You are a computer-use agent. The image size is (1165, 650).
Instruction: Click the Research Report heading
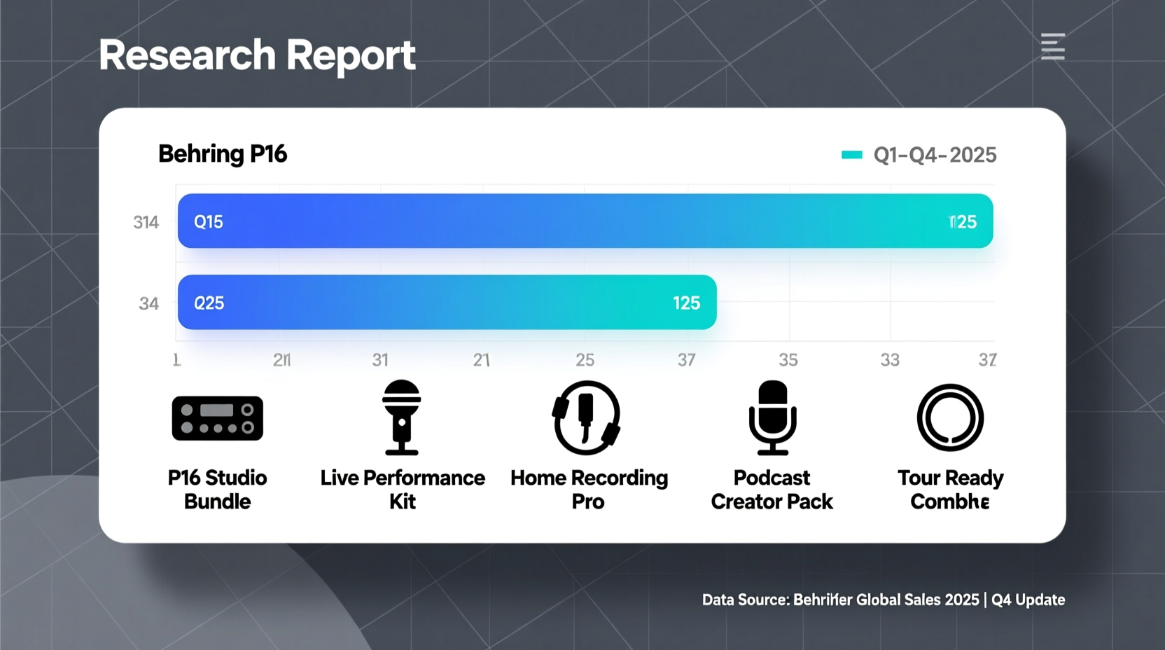coord(257,55)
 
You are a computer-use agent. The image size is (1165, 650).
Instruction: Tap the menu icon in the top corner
coord(1052,46)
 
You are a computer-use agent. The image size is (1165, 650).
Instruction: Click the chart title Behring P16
coord(223,154)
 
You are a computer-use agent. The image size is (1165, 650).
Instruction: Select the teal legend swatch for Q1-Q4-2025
coord(851,155)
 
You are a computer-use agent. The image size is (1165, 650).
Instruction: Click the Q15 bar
coord(585,221)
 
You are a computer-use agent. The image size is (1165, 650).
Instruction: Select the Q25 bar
coord(447,303)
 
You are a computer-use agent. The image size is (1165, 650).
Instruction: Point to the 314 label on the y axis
coord(146,223)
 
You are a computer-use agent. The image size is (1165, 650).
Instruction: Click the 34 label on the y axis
coord(148,304)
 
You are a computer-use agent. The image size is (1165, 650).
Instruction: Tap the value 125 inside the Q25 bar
coord(686,303)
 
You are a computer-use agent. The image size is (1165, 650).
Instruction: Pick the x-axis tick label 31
coord(380,360)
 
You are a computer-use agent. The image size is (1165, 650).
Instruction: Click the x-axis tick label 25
coord(585,360)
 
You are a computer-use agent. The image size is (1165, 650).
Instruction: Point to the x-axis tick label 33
coord(890,360)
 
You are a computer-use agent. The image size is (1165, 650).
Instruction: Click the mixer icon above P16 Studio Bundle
coord(218,418)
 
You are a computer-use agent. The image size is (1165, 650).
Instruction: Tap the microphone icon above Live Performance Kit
coord(402,417)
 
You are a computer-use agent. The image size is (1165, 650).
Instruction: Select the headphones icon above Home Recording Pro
coord(587,417)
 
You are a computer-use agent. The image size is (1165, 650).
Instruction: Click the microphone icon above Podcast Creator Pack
coord(772,417)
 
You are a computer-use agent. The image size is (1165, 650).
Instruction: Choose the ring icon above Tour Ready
coord(950,417)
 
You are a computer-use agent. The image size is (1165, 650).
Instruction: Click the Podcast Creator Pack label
coord(772,490)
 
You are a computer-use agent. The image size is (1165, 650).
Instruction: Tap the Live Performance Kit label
coord(403,490)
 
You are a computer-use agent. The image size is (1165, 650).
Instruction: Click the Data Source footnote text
coord(883,600)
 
